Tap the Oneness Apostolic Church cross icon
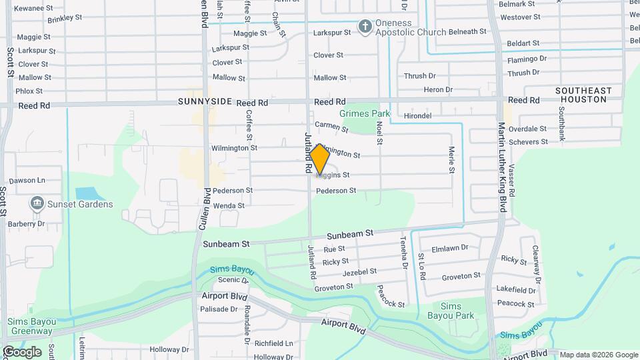[x=365, y=27]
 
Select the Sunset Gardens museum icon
[x=36, y=203]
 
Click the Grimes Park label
[x=365, y=114]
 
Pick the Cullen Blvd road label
[x=204, y=209]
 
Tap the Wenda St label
[x=229, y=206]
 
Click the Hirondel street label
[x=418, y=116]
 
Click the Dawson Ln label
[x=27, y=181]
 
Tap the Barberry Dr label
[x=27, y=224]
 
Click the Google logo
[x=21, y=351]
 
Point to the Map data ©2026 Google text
[x=598, y=355]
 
